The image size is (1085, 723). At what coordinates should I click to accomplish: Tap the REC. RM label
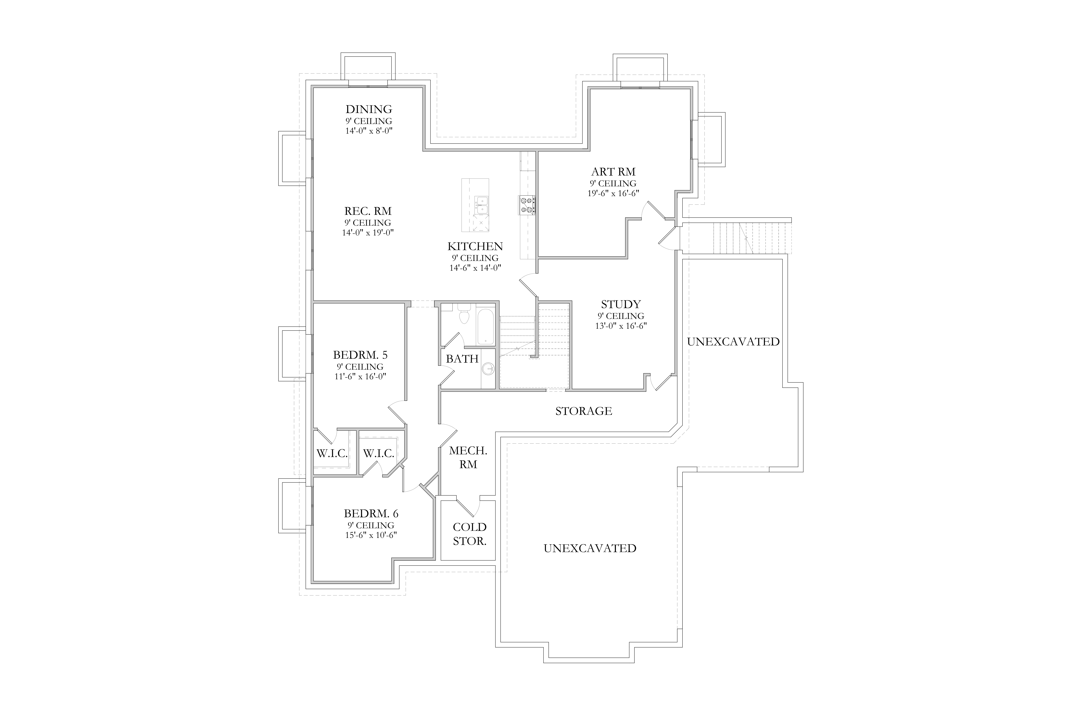click(368, 211)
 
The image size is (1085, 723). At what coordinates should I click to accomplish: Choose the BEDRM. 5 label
click(360, 355)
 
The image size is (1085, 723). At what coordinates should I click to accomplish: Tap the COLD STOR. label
click(470, 534)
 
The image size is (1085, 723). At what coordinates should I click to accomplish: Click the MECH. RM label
click(468, 457)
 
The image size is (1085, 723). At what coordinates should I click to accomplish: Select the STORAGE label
click(583, 411)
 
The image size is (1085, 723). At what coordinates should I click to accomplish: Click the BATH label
click(462, 359)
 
